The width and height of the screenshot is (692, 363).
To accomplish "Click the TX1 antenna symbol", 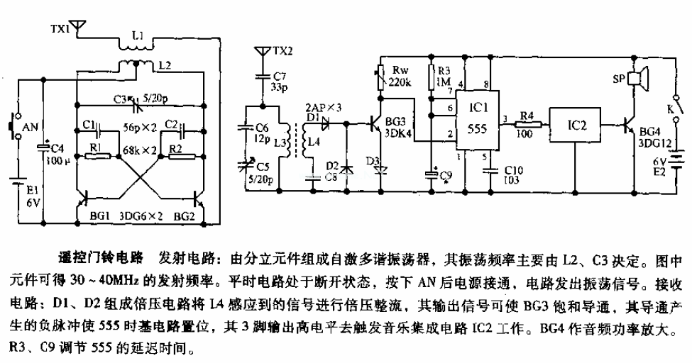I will click(79, 28).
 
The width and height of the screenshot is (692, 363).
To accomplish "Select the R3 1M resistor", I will click(432, 76).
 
